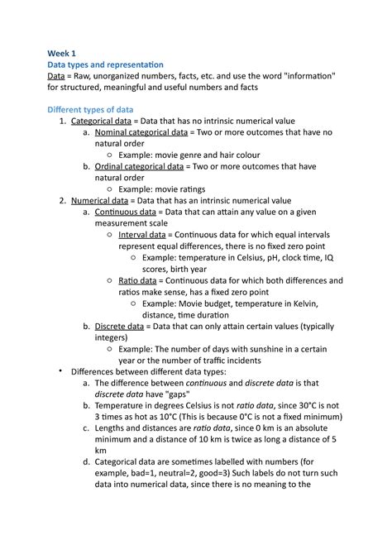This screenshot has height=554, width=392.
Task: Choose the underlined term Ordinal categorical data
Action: (140, 166)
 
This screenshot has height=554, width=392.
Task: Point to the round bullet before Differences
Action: (60, 370)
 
